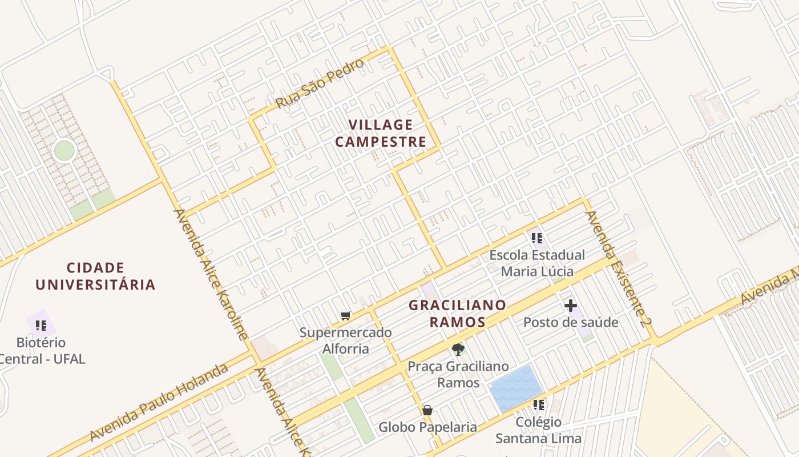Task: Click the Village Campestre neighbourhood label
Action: (381, 133)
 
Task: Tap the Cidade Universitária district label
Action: (95, 276)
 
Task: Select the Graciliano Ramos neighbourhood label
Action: (457, 313)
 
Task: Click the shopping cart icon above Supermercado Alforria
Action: (345, 315)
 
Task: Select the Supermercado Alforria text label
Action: (346, 340)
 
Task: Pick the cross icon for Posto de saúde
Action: (570, 306)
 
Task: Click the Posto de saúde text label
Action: (571, 323)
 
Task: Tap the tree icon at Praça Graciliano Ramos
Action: (458, 350)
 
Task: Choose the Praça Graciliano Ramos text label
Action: (458, 374)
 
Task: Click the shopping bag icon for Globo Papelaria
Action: (427, 410)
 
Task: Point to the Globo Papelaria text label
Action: (428, 427)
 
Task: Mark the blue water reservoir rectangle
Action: (516, 388)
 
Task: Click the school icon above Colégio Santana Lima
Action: (538, 405)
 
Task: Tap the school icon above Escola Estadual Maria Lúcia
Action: (536, 238)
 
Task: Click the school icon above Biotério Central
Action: (41, 326)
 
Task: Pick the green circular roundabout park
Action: (64, 150)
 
